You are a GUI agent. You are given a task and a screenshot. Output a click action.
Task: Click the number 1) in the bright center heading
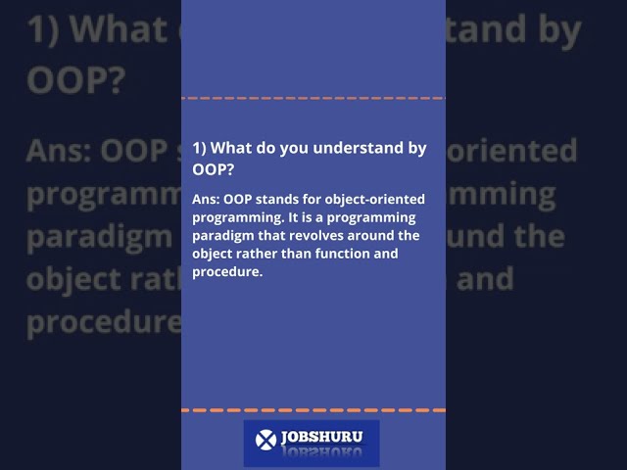(x=199, y=148)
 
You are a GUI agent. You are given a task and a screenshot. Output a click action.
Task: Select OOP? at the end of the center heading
(x=214, y=169)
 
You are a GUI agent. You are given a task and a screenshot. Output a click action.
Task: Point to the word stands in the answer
(x=283, y=200)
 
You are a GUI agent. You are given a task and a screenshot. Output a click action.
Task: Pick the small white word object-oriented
(x=377, y=200)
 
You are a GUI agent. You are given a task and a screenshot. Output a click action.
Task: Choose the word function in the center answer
(x=340, y=254)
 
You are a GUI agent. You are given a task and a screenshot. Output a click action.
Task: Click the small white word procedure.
(x=227, y=272)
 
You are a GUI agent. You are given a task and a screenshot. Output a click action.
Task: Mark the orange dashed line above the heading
(x=313, y=99)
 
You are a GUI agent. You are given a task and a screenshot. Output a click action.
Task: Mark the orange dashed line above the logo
(x=313, y=410)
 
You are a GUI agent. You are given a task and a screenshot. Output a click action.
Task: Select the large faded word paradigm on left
(x=98, y=237)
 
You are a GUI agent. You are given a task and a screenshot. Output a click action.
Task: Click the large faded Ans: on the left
(x=59, y=152)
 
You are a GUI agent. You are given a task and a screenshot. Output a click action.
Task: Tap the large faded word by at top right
(x=555, y=31)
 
